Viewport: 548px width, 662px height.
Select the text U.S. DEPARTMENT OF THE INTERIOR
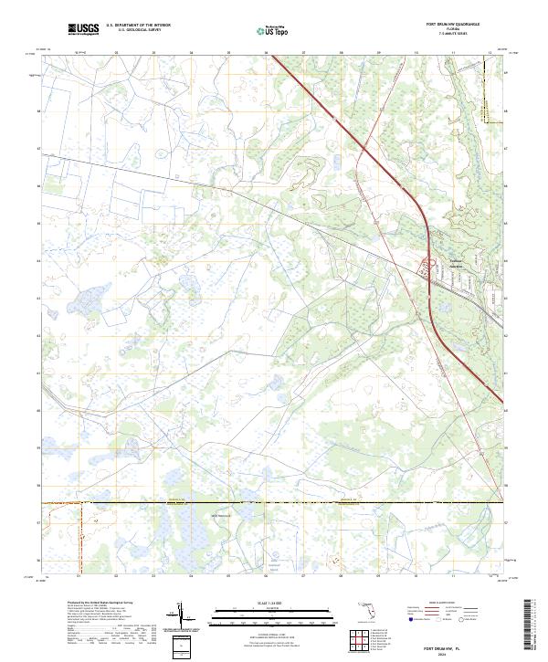[x=138, y=26]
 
